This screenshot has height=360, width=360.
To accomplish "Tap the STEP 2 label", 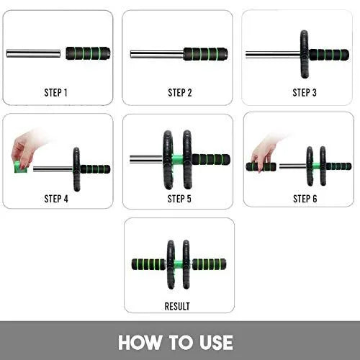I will click(179, 92).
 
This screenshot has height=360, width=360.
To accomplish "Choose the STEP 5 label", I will click(179, 199).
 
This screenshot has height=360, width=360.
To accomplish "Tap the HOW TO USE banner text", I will click(176, 341).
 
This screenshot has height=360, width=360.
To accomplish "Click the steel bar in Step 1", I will click(34, 53).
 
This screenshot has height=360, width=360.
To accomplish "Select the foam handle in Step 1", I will click(88, 53).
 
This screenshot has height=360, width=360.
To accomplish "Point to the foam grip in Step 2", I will click(206, 53).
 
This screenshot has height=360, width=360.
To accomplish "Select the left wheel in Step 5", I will click(168, 159).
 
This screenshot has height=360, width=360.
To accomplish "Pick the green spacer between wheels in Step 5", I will click(179, 159).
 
